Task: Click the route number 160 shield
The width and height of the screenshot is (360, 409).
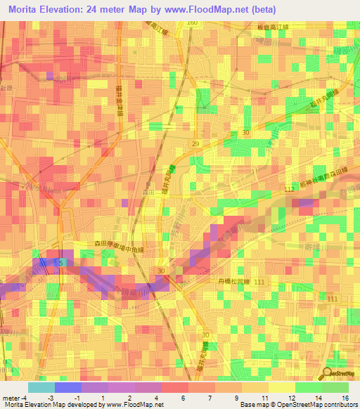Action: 193,23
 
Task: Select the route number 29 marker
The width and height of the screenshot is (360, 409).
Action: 195,143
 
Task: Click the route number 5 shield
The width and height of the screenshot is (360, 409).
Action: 60,263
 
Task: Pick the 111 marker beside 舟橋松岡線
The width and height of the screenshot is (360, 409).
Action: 260,281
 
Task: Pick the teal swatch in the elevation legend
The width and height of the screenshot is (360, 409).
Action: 41,387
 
